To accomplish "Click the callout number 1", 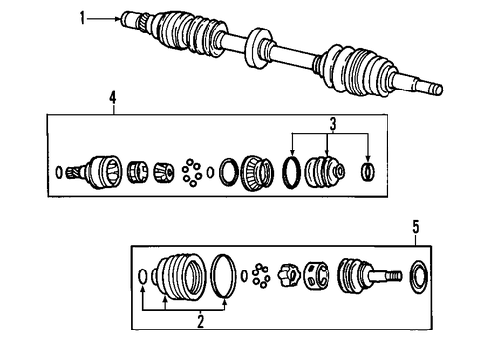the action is click(x=82, y=18).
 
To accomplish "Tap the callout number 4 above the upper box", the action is click(x=113, y=97).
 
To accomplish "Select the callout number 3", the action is click(x=333, y=124).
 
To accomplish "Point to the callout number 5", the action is click(x=416, y=227).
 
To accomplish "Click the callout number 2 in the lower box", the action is click(x=200, y=321).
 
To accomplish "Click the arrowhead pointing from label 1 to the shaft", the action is click(x=118, y=19).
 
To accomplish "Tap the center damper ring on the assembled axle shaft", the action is click(x=259, y=48).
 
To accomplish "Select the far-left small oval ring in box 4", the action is click(x=59, y=172).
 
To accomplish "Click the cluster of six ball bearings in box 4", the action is click(x=191, y=172).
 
